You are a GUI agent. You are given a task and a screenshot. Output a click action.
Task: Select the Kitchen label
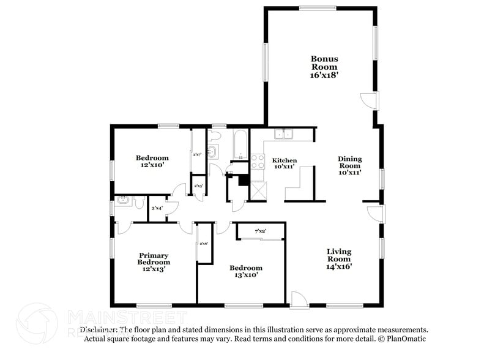[284, 160]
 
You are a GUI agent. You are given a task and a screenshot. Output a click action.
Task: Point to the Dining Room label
[350, 162]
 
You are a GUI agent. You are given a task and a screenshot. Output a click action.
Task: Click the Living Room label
[338, 255]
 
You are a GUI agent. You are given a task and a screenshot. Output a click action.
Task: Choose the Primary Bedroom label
[153, 259]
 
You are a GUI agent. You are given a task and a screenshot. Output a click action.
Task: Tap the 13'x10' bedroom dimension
[246, 276]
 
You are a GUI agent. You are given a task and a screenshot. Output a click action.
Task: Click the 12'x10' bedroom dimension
[152, 165]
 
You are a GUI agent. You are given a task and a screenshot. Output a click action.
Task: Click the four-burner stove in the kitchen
[258, 161]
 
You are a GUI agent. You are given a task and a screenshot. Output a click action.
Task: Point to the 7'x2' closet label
[260, 231]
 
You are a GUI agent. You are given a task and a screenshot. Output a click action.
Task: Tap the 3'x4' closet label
[157, 209]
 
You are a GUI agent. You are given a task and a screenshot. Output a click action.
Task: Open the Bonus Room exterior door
[370, 100]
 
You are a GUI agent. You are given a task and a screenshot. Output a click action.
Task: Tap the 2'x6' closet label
[203, 244]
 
